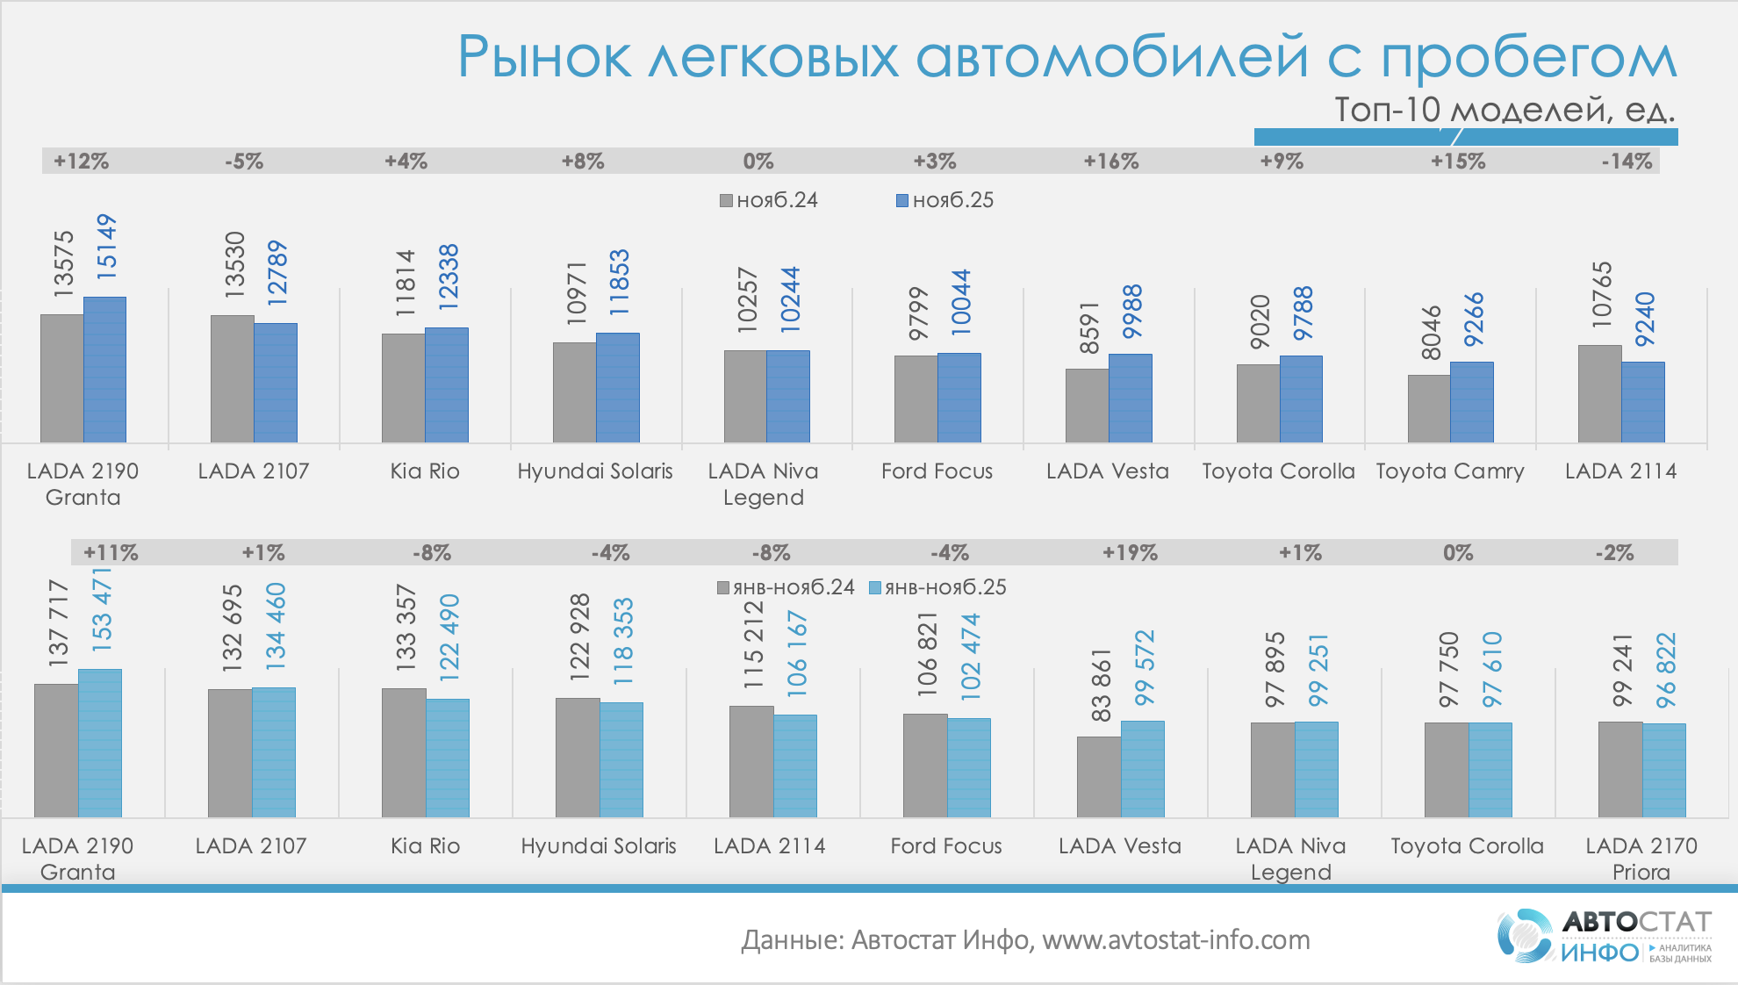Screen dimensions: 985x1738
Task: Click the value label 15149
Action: point(105,247)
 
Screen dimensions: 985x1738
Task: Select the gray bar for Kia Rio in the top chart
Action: point(403,387)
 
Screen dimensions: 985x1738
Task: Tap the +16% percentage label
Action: point(1110,162)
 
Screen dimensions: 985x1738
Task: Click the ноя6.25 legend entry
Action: point(944,200)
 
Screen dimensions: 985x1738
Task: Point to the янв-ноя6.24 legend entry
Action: point(786,587)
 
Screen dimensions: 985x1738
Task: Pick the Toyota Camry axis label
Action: point(1450,471)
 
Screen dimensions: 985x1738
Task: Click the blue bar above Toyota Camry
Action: point(1472,402)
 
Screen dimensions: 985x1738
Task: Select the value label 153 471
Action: point(102,610)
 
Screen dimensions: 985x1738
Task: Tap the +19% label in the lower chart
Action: point(1130,553)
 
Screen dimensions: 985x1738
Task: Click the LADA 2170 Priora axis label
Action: point(1641,859)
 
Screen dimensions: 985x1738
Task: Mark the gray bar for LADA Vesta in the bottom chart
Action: point(1099,777)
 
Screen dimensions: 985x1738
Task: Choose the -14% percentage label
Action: point(1627,162)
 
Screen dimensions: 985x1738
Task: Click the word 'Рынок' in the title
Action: point(544,58)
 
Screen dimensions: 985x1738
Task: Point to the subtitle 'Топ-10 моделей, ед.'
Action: point(1505,110)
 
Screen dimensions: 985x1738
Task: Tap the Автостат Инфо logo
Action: point(1604,936)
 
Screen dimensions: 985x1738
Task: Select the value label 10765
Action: point(1602,295)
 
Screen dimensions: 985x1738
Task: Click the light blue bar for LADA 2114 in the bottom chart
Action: point(795,766)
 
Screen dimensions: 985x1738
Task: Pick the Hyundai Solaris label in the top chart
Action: point(595,471)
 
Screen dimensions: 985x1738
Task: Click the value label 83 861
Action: point(1101,686)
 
